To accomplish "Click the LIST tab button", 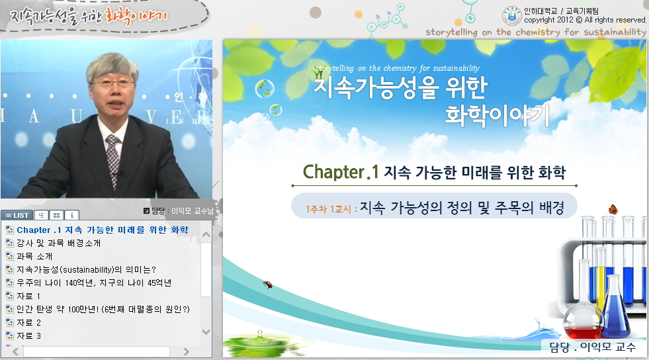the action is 17,215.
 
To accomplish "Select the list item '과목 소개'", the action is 34,256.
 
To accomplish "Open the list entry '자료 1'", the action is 28,296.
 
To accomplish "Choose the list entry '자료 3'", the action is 28,336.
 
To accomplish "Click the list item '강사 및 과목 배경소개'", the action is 58,243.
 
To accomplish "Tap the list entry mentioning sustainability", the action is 86,269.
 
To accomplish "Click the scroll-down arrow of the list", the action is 206,332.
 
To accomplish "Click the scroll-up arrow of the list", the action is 206,235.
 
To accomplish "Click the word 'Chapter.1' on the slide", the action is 341,171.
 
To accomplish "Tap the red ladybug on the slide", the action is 268,285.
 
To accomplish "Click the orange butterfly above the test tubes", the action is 613,209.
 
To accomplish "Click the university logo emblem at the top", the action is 512,16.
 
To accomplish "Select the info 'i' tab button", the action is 72,215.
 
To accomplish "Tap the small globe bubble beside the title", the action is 265,88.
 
